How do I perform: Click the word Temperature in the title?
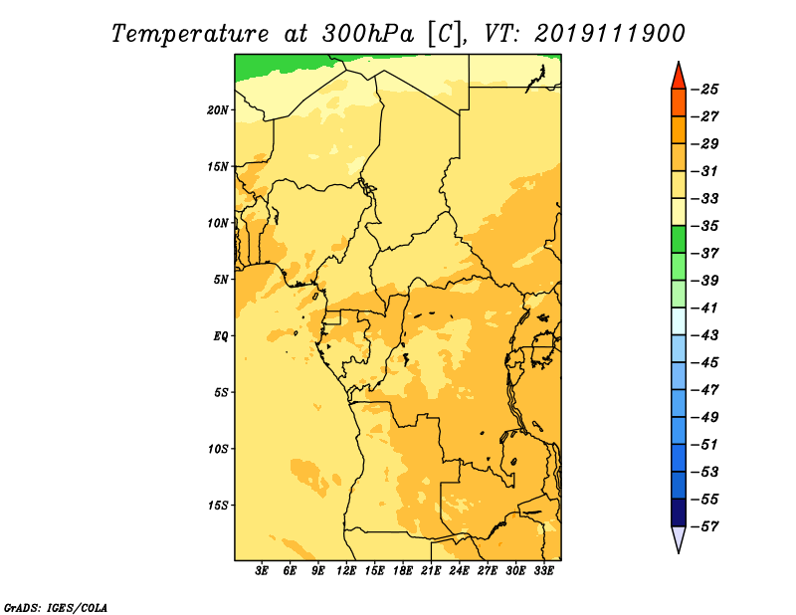click(190, 34)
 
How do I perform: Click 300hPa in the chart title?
click(367, 34)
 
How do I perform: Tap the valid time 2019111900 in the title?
click(610, 34)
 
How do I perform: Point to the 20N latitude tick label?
click(218, 110)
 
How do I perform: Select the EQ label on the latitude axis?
click(220, 336)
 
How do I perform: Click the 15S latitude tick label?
click(219, 506)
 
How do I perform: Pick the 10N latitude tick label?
click(218, 223)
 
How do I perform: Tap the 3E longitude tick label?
click(262, 571)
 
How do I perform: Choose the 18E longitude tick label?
click(403, 571)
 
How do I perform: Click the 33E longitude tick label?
click(543, 571)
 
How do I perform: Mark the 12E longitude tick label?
click(346, 571)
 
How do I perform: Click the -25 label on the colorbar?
click(706, 90)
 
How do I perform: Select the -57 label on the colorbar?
click(706, 526)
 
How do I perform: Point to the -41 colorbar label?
click(706, 307)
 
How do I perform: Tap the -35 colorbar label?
click(706, 226)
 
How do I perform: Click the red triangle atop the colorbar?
click(679, 77)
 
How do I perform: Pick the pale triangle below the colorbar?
click(679, 538)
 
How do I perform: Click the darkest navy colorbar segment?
click(679, 512)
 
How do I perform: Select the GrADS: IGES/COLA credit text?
click(56, 608)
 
